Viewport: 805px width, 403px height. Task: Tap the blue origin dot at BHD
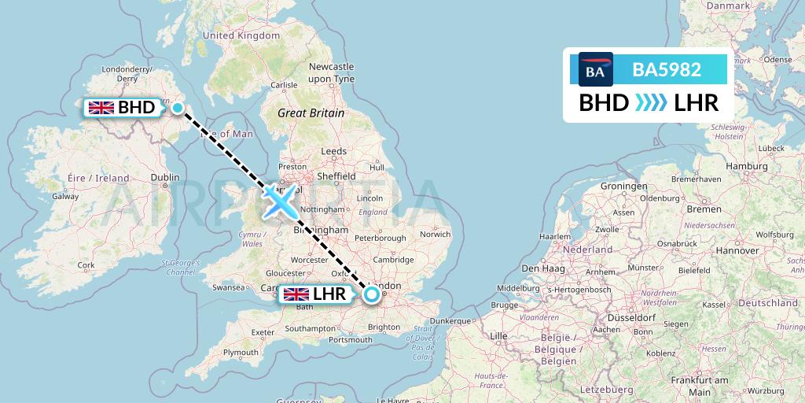point(178,109)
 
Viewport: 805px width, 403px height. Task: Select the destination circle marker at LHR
point(371,295)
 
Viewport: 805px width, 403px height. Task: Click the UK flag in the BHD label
point(101,108)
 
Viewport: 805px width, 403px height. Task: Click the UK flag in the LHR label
point(296,295)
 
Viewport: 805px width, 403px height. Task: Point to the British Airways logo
point(595,69)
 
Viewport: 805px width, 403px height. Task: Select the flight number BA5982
point(667,69)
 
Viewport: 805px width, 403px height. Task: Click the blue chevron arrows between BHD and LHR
point(652,103)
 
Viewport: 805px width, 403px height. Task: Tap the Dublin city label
point(165,177)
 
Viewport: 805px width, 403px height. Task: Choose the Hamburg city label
point(747,166)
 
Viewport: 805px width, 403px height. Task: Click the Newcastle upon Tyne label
point(331,73)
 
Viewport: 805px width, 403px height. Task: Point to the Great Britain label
point(311,113)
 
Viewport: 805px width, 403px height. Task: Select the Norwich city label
point(435,234)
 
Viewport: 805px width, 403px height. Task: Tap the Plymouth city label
point(240,352)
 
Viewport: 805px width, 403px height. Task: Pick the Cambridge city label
point(394,260)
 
